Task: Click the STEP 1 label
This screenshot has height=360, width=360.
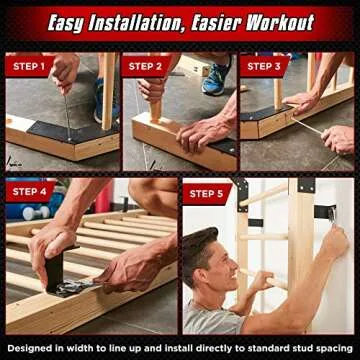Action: click(x=28, y=67)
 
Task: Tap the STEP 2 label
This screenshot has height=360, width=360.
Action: click(x=146, y=67)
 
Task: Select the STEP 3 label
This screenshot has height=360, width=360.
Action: click(x=264, y=67)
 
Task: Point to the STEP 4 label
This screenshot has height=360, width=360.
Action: click(x=28, y=192)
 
